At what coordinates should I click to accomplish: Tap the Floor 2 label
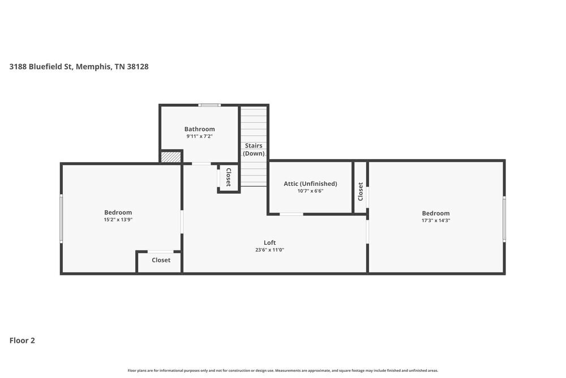[x=22, y=341]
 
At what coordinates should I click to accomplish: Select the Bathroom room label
[x=199, y=129]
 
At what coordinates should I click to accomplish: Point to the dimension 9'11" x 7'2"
[x=199, y=137]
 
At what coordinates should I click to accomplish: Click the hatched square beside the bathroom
[x=170, y=157]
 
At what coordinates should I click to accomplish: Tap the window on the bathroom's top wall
[x=209, y=105]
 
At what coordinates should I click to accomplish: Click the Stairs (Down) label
[x=254, y=150]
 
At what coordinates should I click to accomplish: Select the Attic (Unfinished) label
[x=310, y=184]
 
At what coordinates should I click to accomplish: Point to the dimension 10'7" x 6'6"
[x=310, y=191]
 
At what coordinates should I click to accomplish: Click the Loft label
[x=269, y=243]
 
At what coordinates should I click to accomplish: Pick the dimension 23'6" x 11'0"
[x=269, y=250]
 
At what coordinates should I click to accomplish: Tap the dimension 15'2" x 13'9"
[x=118, y=220]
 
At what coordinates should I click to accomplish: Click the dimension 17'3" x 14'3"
[x=435, y=220]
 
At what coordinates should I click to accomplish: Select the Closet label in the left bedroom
[x=161, y=261]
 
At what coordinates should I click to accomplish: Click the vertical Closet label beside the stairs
[x=229, y=177]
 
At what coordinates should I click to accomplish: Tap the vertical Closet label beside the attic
[x=360, y=191]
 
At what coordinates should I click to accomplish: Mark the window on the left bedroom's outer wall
[x=61, y=219]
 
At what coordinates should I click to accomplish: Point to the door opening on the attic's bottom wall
[x=291, y=214]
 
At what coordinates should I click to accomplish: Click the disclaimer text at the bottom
[x=283, y=371]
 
